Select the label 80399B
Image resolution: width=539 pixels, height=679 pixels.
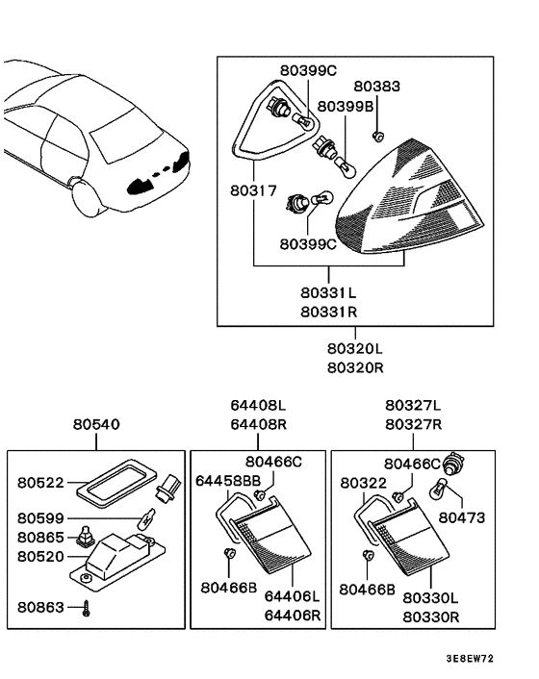click(346, 106)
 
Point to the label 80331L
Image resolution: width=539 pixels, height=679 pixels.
click(327, 291)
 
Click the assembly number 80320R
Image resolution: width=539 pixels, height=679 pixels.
click(355, 366)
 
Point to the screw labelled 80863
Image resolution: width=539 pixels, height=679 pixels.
click(86, 608)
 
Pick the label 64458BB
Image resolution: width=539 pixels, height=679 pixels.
click(228, 480)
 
